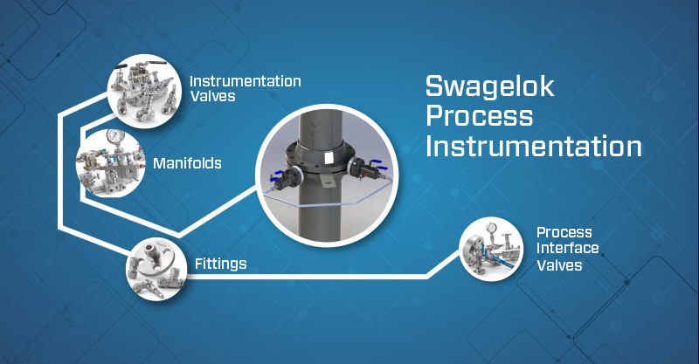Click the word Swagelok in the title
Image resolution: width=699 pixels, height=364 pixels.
click(x=490, y=87)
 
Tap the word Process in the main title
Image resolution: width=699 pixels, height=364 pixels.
click(x=479, y=115)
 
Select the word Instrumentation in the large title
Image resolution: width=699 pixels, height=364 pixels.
click(x=534, y=146)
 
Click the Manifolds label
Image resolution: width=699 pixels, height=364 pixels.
click(x=187, y=163)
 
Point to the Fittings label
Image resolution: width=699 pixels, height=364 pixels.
click(x=221, y=264)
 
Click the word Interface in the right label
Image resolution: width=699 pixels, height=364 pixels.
click(x=567, y=248)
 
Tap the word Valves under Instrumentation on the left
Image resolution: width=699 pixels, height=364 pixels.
click(x=212, y=96)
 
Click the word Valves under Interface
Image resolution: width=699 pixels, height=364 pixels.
click(x=559, y=265)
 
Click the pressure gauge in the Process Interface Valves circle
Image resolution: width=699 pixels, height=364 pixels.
click(x=492, y=228)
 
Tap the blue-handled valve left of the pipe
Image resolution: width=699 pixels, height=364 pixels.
click(x=283, y=176)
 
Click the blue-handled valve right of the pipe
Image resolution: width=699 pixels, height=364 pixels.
click(x=365, y=168)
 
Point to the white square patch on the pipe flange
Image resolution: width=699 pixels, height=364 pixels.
click(x=330, y=156)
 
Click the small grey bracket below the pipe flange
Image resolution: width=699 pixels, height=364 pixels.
click(x=324, y=179)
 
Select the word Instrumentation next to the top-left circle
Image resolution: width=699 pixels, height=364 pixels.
click(x=246, y=81)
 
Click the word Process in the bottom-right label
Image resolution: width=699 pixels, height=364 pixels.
click(x=564, y=231)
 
